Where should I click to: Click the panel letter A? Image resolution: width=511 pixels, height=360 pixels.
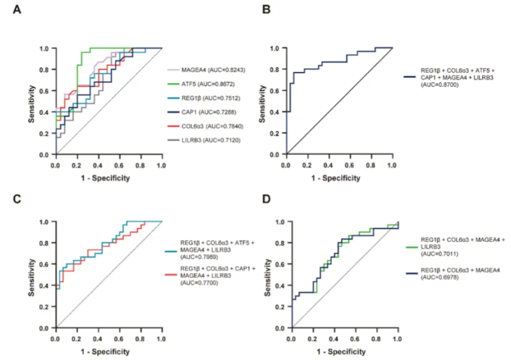coord(17,9)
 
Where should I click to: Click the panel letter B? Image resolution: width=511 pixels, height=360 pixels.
coord(260,9)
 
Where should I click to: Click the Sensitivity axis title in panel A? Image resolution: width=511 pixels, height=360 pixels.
coord(31,102)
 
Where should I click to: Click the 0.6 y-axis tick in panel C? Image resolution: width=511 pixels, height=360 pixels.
coord(45,264)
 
